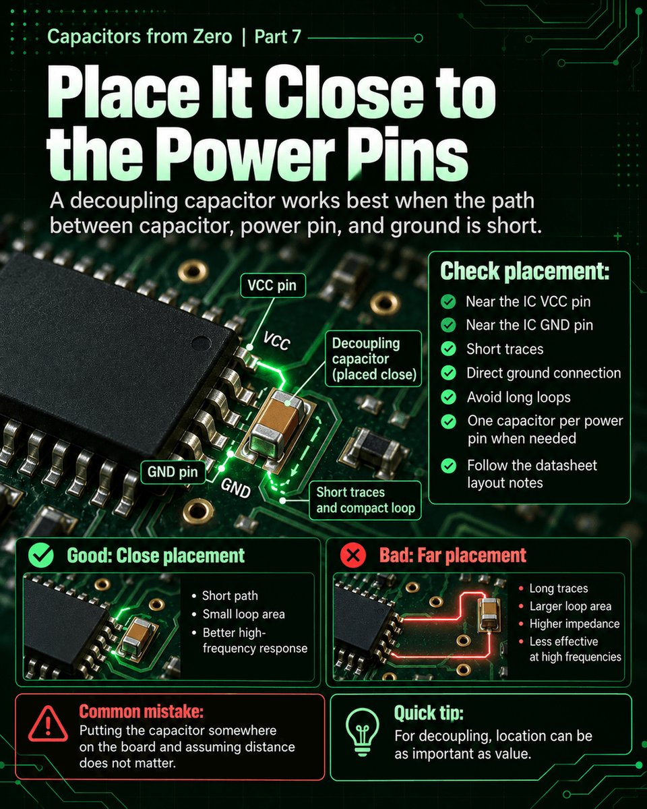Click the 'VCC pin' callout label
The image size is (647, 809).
click(272, 286)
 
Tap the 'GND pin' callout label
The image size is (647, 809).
click(173, 472)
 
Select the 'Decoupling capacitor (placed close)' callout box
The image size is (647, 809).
click(373, 359)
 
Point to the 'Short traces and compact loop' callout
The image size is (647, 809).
click(365, 500)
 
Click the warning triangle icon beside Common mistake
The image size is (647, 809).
click(48, 723)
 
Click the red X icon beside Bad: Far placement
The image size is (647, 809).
click(352, 556)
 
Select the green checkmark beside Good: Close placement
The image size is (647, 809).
click(41, 556)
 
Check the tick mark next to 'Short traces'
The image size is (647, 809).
click(448, 349)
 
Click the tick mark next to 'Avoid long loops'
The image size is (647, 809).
click(448, 397)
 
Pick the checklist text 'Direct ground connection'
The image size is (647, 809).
click(544, 373)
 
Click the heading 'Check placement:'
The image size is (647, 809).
click(524, 271)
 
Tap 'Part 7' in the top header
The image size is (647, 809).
click(278, 37)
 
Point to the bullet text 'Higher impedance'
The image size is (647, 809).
click(574, 624)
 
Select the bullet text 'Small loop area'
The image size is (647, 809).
click(243, 614)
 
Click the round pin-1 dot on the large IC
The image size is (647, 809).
click(201, 343)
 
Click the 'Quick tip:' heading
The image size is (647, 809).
click(429, 713)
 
